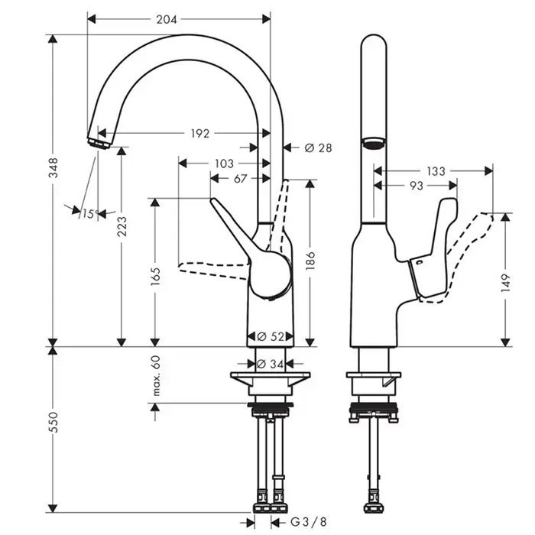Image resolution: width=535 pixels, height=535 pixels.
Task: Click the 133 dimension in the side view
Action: (x=436, y=171)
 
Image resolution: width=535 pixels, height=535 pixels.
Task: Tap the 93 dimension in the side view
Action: (x=416, y=186)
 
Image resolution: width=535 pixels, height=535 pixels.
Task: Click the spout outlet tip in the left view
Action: (x=99, y=142)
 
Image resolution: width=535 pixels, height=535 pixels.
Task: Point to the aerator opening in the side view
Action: (x=373, y=142)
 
